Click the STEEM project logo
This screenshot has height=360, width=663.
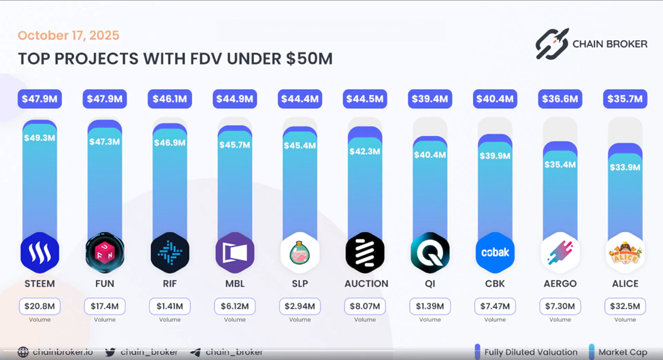tap(39, 252)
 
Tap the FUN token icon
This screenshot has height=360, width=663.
tap(105, 252)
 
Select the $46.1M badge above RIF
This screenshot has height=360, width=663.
tap(169, 99)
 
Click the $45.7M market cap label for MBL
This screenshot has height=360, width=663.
tap(235, 145)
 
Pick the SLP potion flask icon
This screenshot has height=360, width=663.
tap(300, 252)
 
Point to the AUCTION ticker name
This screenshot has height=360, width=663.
tap(365, 283)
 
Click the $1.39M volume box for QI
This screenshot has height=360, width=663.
tap(430, 307)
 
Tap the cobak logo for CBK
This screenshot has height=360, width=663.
tap(495, 252)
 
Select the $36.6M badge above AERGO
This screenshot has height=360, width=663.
tap(560, 99)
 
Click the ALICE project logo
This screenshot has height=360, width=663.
tap(625, 252)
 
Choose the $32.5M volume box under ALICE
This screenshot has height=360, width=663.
tap(625, 307)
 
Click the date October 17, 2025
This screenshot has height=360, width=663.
tap(68, 35)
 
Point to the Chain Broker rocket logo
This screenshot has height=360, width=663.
tap(551, 44)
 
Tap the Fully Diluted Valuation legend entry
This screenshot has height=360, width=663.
tap(524, 352)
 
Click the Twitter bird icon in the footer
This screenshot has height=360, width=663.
tap(110, 352)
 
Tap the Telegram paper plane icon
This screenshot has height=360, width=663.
tap(195, 352)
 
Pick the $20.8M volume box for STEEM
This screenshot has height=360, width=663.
tap(39, 307)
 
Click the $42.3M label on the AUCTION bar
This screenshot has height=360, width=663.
tap(365, 151)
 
